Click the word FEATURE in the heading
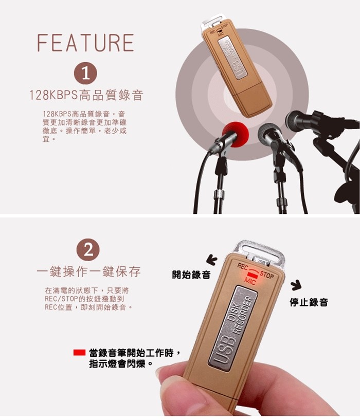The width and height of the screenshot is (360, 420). coord(85,43)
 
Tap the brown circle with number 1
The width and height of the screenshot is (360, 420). coord(85,73)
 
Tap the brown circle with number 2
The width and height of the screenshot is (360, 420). coord(88,250)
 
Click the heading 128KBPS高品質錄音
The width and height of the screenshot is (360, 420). coord(86,95)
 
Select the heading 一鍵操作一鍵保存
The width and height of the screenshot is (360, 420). coord(88,272)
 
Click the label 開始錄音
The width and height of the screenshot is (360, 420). coord(191,275)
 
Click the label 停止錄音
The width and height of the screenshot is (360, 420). coord(309,302)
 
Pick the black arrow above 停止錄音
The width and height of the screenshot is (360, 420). coord(296,285)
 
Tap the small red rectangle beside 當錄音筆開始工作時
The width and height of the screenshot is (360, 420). coord(79,353)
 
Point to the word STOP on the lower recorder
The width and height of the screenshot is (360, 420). coord(267,275)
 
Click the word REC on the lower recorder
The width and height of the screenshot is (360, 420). coord(243,266)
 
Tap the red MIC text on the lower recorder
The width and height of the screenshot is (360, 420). coord(250,281)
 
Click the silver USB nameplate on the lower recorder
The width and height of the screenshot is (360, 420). coord(232,328)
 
